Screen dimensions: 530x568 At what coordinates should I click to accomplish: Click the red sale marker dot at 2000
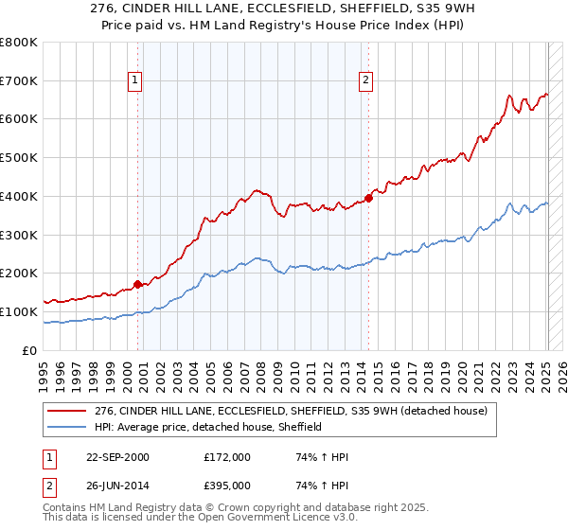click(137, 283)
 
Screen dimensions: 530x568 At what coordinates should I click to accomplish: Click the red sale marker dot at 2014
click(369, 198)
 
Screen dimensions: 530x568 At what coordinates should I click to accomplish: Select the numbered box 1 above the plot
click(136, 81)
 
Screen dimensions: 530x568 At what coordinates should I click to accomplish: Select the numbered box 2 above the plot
click(365, 81)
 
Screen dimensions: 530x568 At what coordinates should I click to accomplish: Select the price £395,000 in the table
click(227, 485)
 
